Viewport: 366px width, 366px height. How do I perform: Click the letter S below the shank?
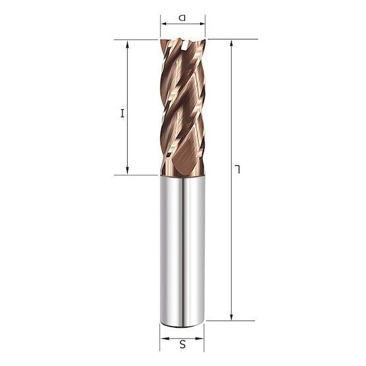(x=183, y=342)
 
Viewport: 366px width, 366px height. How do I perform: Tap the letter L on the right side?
(x=240, y=171)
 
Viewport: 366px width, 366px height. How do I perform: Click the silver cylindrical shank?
(x=182, y=250)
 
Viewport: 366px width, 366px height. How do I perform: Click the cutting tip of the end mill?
(x=182, y=43)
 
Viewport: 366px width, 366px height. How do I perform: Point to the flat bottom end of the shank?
(x=182, y=323)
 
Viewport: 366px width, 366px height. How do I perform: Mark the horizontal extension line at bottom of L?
(x=230, y=321)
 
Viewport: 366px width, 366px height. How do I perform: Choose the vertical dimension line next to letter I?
(x=127, y=79)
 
